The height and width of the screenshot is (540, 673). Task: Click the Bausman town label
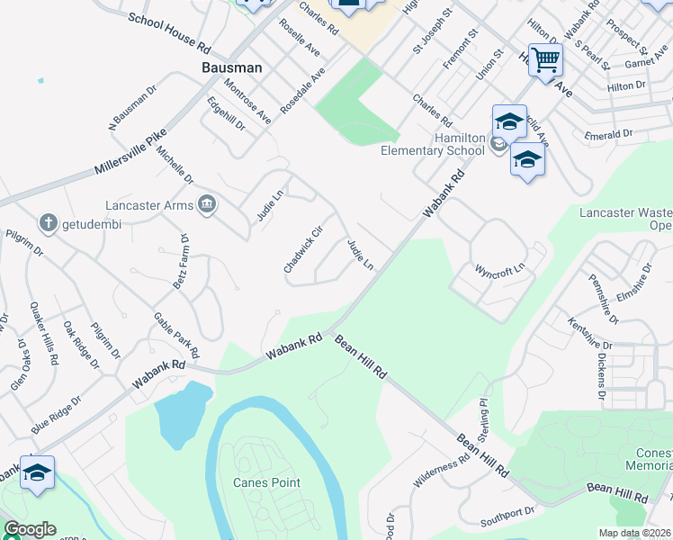tap(231, 67)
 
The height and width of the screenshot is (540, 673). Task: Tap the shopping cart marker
tap(545, 61)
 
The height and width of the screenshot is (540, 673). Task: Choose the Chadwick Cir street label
tap(302, 249)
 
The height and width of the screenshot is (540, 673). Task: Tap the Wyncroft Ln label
tap(499, 270)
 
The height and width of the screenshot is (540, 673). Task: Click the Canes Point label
tap(266, 482)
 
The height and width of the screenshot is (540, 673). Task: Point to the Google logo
tap(29, 529)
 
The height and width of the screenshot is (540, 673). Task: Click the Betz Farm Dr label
tap(180, 262)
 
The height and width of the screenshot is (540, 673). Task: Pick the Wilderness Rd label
tap(441, 471)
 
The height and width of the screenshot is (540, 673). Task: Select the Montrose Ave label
tap(247, 101)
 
